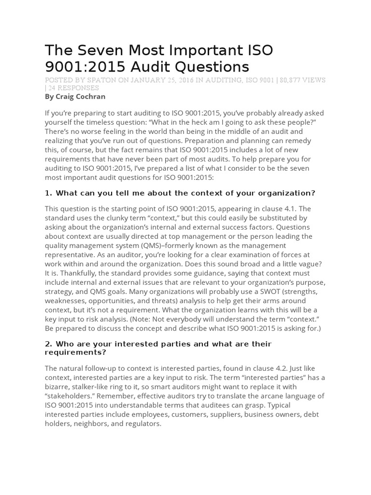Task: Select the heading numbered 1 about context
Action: click(180, 193)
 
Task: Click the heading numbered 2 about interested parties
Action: click(158, 348)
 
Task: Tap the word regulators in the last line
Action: click(143, 423)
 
